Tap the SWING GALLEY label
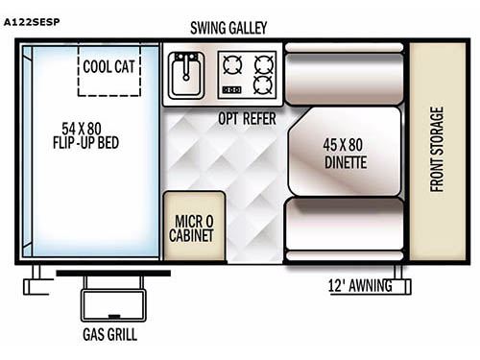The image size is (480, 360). pyautogui.click(x=228, y=28)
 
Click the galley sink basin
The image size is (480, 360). pyautogui.click(x=185, y=69)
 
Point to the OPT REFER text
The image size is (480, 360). pyautogui.click(x=247, y=118)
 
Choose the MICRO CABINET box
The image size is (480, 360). pyautogui.click(x=194, y=226)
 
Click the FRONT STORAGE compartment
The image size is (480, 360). pyautogui.click(x=437, y=151)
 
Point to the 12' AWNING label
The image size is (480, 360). pyautogui.click(x=356, y=286)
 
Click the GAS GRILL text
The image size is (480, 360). pyautogui.click(x=108, y=335)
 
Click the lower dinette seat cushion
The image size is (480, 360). pyautogui.click(x=345, y=228)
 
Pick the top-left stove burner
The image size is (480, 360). pyautogui.click(x=232, y=63)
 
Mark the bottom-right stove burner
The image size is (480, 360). pyautogui.click(x=262, y=84)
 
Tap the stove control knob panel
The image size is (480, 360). pyautogui.click(x=231, y=90)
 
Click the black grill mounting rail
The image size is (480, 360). pyautogui.click(x=112, y=273)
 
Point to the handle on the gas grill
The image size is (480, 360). pyautogui.click(x=114, y=314)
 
